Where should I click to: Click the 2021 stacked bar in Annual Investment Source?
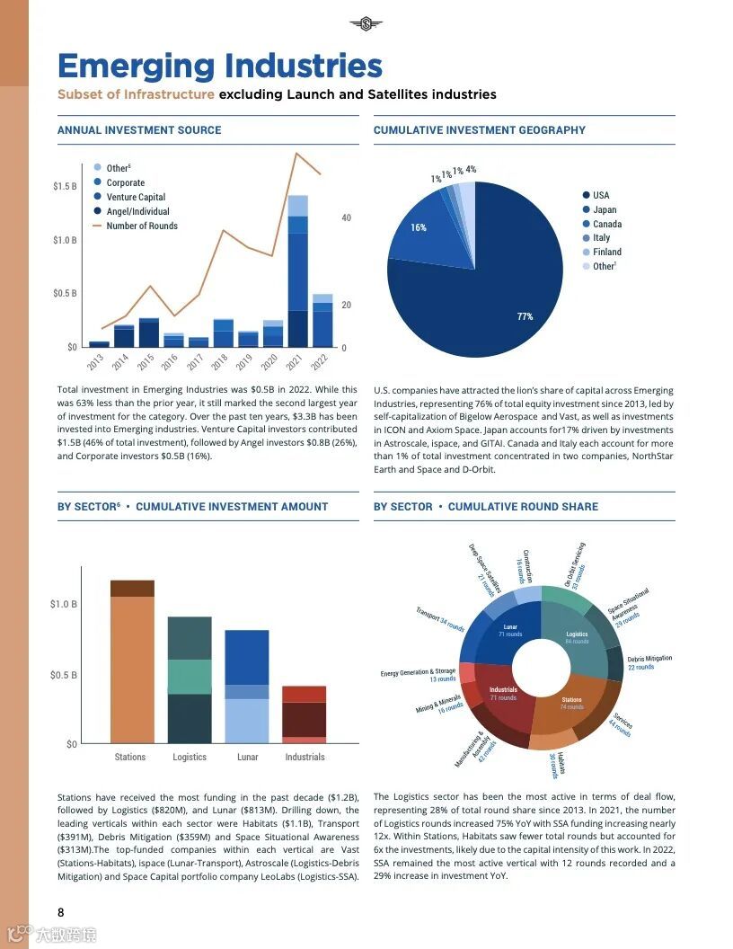pos(297,270)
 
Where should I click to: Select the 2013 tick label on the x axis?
pos(96,362)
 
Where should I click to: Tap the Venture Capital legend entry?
pos(136,197)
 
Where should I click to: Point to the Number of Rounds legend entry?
pos(141,226)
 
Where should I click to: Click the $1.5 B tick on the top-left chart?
pos(65,186)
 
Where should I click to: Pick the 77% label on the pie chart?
pos(525,316)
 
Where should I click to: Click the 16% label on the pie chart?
pos(419,227)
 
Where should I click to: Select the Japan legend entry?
pos(605,209)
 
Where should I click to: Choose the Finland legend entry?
pos(606,252)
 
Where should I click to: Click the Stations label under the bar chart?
pos(130,757)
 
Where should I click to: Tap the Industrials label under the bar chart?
pos(305,757)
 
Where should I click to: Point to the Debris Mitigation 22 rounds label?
pos(649,662)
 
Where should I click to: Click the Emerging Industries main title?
pos(220,67)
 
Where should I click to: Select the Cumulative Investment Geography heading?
pos(479,130)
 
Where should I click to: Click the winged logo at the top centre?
pos(366,23)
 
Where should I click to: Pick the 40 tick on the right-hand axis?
pos(346,218)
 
